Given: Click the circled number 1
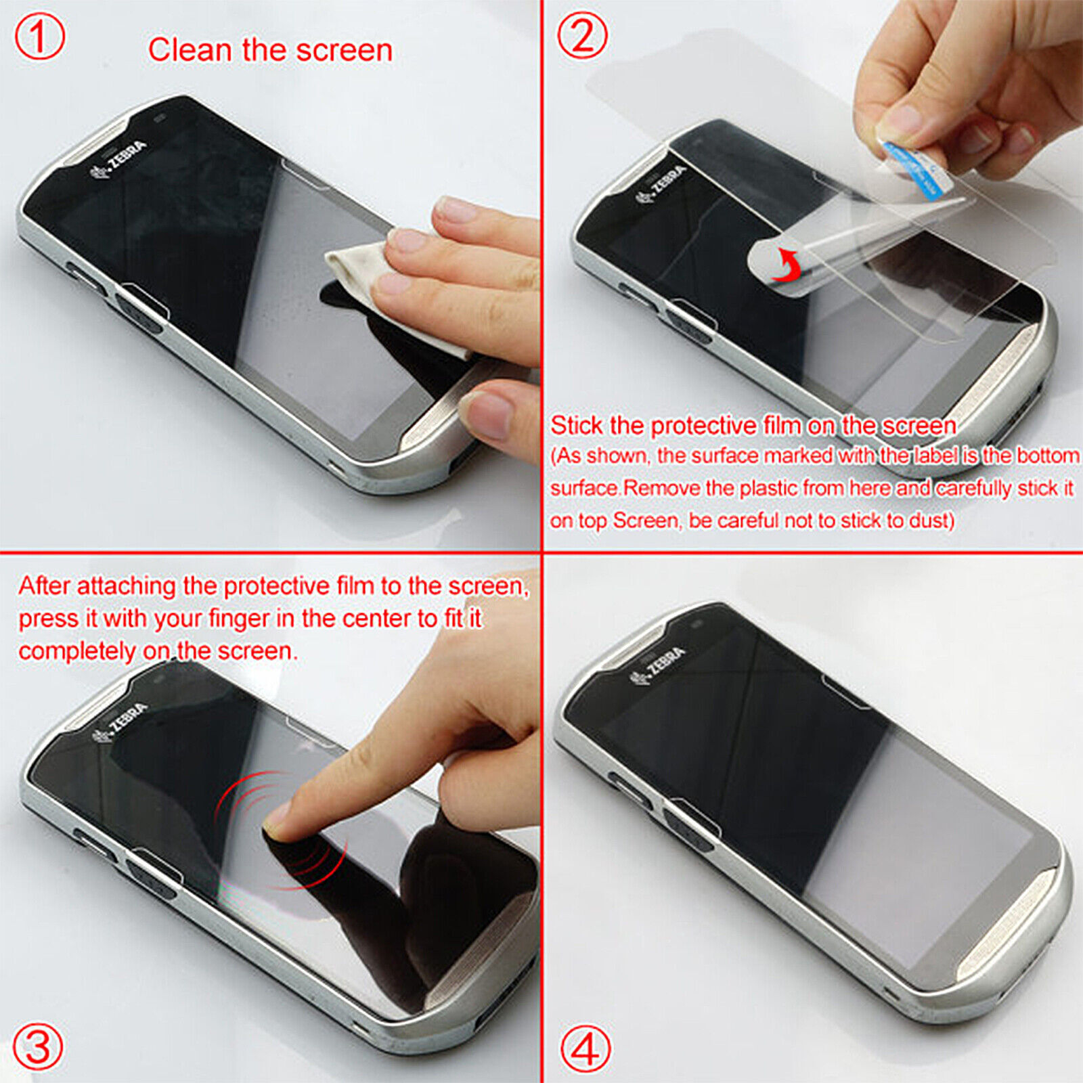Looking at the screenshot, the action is pos(39,37).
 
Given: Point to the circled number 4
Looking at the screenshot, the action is pos(585,1049).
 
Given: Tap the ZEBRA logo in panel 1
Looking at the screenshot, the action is pos(118,160).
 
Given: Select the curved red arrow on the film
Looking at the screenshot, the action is pos(788,265).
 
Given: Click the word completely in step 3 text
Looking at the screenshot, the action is pos(77,651).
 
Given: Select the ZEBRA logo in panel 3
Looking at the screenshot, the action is pos(120,722).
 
